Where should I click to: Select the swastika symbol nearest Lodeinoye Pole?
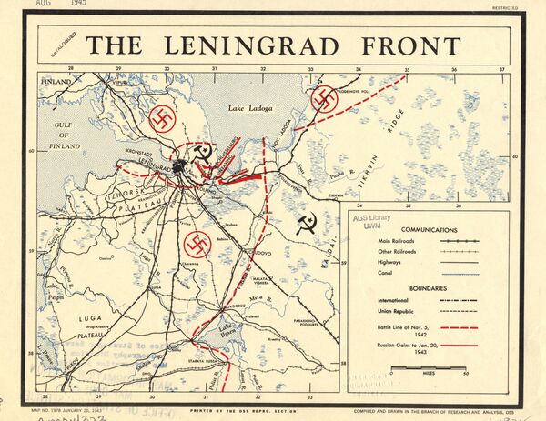click(x=325, y=100)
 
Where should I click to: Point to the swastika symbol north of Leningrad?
click(x=163, y=119)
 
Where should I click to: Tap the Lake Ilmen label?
click(x=223, y=329)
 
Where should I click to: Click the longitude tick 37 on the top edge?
click(x=501, y=69)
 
